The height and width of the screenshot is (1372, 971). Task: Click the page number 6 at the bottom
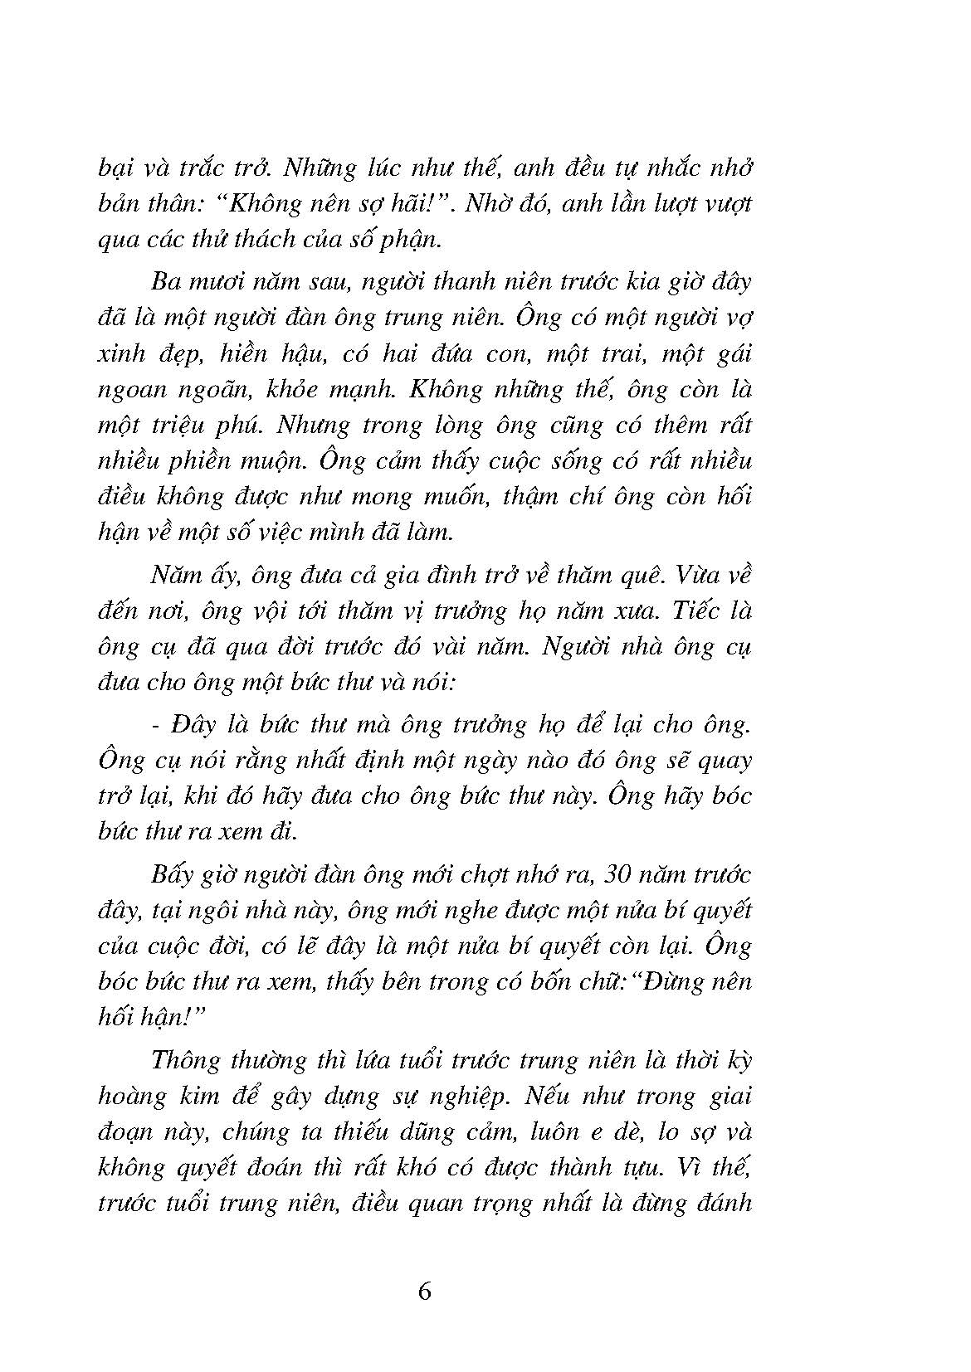(x=425, y=1292)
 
